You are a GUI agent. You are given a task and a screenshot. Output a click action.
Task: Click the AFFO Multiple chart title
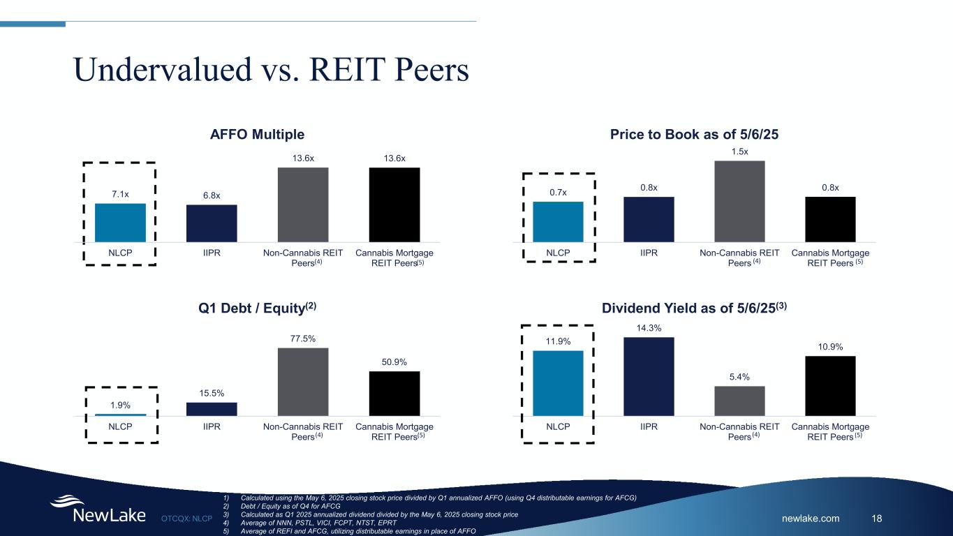coord(258,134)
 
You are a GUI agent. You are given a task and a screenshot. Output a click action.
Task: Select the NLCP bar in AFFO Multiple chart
coord(120,222)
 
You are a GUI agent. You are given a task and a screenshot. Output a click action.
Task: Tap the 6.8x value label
coord(211,195)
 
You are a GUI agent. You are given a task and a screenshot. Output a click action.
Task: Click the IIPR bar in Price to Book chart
coord(649,219)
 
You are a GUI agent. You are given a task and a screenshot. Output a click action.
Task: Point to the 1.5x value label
coord(739,151)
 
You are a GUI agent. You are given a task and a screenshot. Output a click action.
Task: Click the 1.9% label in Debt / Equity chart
coord(120,405)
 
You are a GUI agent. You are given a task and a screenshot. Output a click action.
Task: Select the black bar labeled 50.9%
coord(394,393)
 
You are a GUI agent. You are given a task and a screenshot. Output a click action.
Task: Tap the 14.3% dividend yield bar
coord(649,376)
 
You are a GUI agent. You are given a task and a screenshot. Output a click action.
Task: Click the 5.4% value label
coord(739,377)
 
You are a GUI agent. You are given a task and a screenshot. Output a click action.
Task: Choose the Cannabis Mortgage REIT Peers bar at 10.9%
coord(830,385)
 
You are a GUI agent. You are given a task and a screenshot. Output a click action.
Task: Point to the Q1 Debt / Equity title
coord(258,306)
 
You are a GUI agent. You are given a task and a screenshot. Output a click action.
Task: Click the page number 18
coord(878,518)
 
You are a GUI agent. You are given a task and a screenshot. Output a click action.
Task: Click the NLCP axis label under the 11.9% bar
coord(558,426)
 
